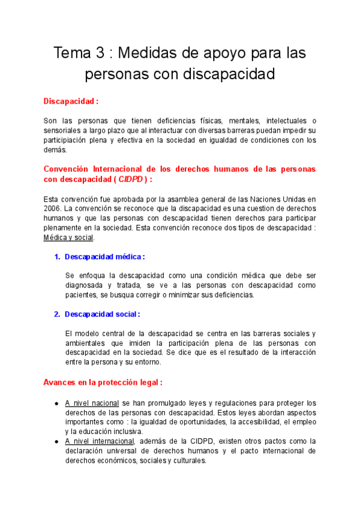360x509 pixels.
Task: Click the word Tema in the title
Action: coord(73,53)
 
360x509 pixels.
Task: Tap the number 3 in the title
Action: coord(102,53)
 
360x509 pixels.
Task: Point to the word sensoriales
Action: coord(65,130)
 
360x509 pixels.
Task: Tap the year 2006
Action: coord(53,208)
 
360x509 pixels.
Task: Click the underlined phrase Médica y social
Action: coord(68,237)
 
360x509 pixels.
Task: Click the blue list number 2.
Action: coord(56,314)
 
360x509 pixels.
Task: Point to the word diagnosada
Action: coord(86,285)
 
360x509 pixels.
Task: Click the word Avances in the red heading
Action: coord(60,382)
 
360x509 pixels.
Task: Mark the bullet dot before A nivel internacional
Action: coord(56,442)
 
